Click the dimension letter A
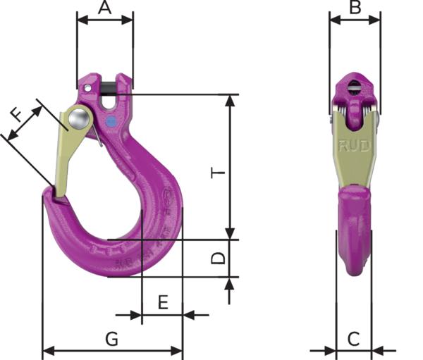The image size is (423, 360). click(x=104, y=8)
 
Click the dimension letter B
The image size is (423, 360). click(x=355, y=8)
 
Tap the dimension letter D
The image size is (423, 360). click(x=219, y=258)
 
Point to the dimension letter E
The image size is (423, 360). click(x=162, y=303)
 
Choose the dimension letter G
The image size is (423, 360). click(x=111, y=339)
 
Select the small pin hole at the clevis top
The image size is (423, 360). click(x=87, y=87)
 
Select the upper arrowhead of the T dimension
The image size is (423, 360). click(x=229, y=99)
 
